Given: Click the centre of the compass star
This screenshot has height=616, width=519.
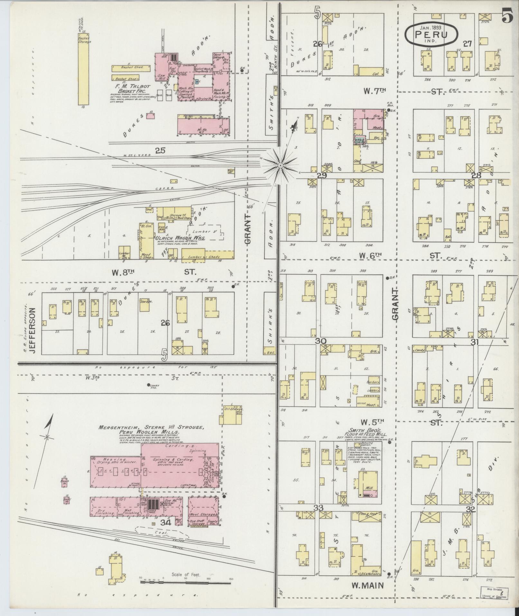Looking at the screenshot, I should (280, 166).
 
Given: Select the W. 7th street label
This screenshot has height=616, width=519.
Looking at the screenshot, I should (375, 91).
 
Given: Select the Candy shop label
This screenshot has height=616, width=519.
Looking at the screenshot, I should (420, 350).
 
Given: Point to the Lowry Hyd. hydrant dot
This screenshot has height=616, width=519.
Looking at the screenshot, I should (148, 385).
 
